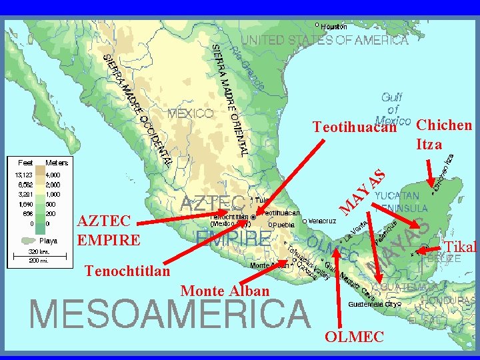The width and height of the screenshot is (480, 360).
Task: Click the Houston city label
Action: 333,27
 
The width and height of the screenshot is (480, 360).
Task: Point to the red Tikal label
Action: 461,247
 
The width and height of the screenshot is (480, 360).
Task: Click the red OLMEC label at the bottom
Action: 354,337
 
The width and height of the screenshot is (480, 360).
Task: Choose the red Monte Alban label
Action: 225,291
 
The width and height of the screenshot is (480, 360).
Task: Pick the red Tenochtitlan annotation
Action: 127,271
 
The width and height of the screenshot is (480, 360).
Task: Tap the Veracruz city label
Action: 321,221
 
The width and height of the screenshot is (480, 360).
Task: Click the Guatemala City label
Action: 375,303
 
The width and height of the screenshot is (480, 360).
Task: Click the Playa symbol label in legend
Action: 48,241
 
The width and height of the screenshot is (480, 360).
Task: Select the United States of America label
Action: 324,40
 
